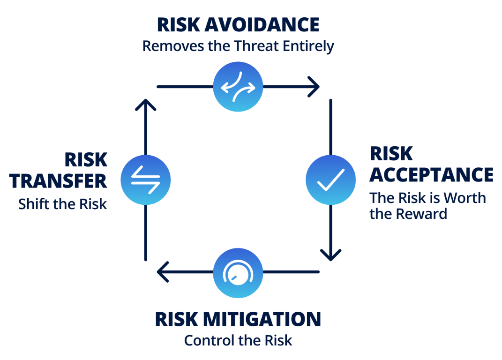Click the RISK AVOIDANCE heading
238,25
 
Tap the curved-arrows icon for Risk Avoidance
238,87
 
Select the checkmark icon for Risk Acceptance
331,180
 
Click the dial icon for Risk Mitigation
238,272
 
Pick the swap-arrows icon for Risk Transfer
146,180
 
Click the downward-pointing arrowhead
331,254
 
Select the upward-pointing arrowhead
146,105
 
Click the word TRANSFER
59,180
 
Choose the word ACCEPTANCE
431,175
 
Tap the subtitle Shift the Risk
63,204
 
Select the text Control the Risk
238,340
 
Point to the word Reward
421,214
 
